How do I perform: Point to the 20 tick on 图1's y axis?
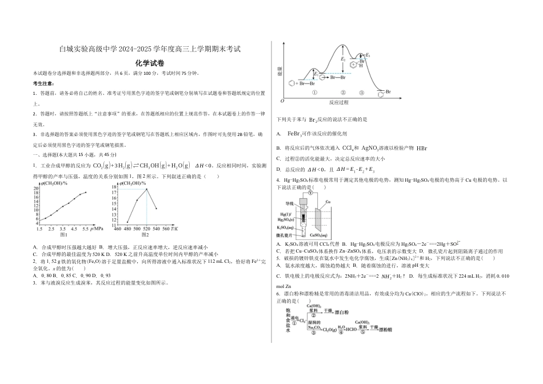coord(36,188)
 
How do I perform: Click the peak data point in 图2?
coord(147,189)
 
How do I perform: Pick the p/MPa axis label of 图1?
coord(97,229)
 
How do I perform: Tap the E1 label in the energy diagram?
coord(316,74)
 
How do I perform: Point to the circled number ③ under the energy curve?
coord(362,93)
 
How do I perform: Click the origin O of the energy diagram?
coord(282,101)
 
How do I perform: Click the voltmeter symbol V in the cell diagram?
coord(309,193)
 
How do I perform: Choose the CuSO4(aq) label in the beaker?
coord(318,235)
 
